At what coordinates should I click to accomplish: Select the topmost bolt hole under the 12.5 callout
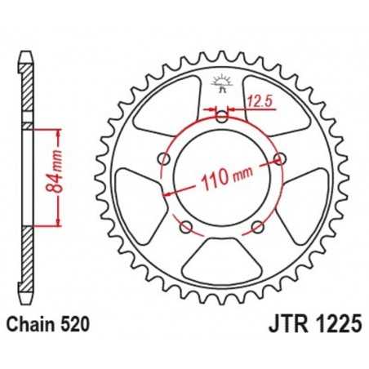[x=222, y=117]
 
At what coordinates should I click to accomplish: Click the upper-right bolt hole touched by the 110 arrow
[x=280, y=158]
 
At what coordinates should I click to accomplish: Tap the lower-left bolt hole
[x=186, y=226]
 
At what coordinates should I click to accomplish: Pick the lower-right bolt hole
[x=258, y=226]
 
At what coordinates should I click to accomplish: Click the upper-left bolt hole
[x=165, y=158]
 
